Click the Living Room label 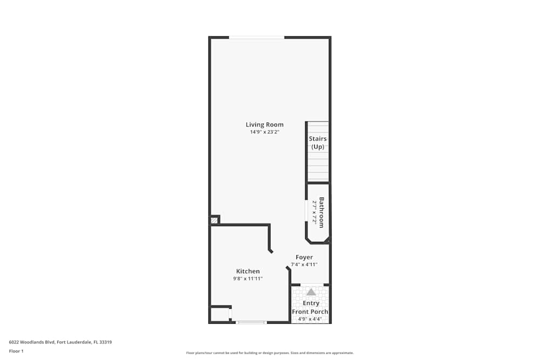click(264, 125)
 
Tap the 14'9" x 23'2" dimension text click(264, 132)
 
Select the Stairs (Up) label click(318, 142)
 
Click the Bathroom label click(321, 212)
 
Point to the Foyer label click(304, 257)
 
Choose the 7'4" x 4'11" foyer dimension click(304, 264)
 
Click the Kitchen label click(248, 271)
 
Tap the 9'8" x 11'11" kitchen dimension click(248, 279)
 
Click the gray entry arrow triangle click(311, 292)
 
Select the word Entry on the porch click(310, 303)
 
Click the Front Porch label click(310, 311)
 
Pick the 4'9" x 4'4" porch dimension click(310, 319)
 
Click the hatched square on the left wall click(214, 220)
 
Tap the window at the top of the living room click(257, 37)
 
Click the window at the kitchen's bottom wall click(252, 322)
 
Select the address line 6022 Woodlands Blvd click(60, 342)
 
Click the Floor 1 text click(16, 351)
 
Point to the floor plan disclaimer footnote click(270, 353)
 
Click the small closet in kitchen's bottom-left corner click(219, 315)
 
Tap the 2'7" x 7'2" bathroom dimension click(314, 212)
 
